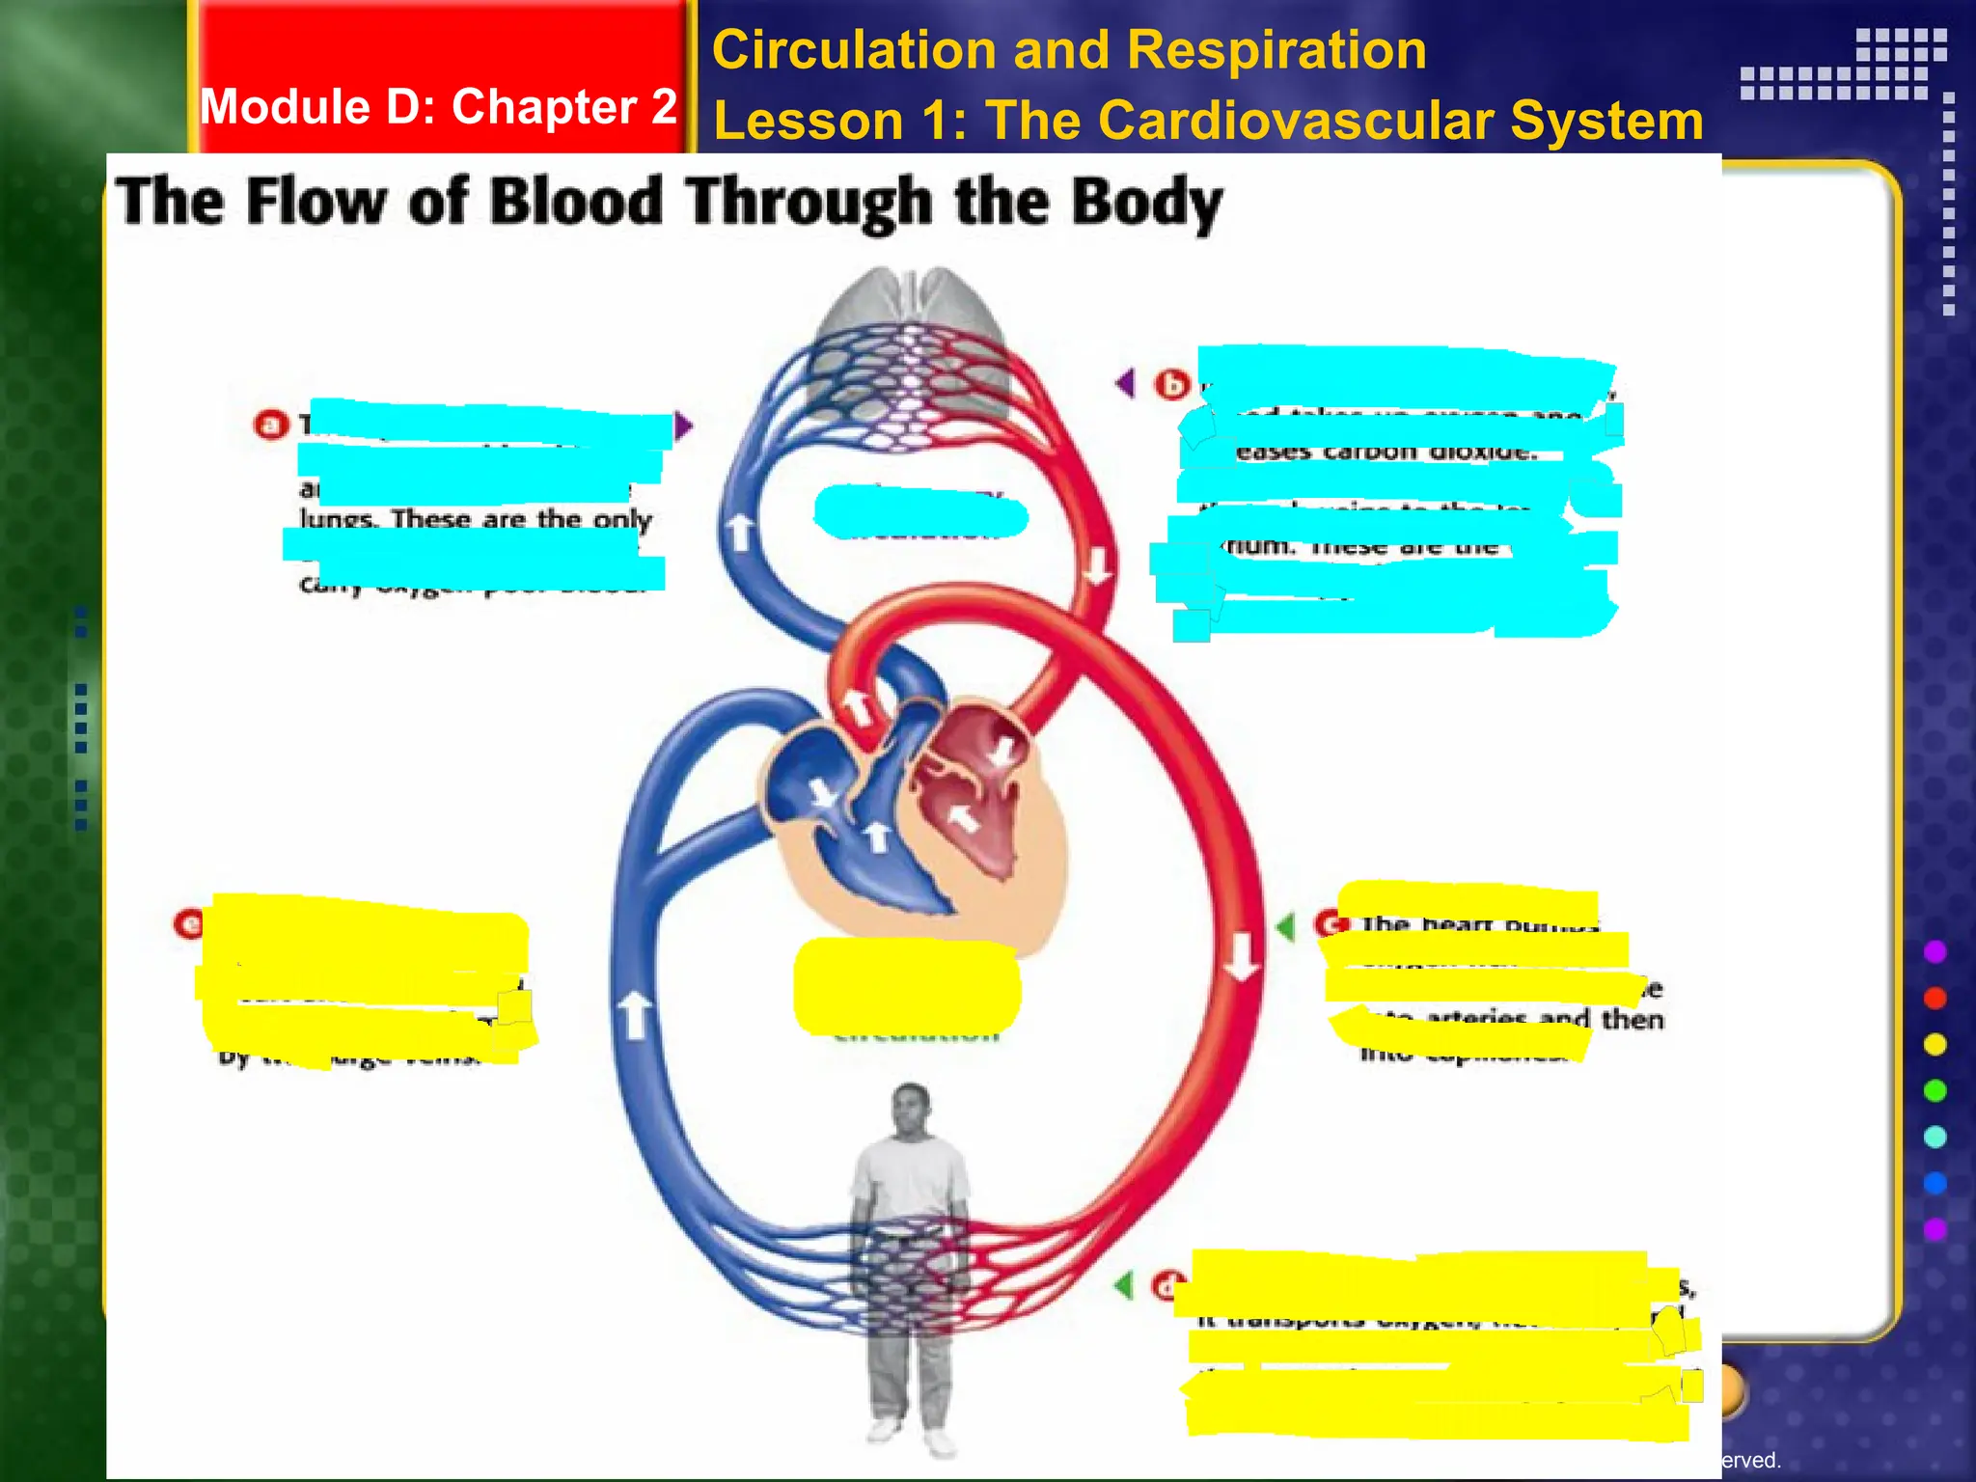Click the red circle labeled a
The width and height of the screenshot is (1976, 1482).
tap(271, 425)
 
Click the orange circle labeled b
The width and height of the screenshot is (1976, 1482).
tap(1172, 385)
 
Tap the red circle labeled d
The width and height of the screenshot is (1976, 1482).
tap(1166, 1286)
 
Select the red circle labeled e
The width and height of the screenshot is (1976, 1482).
tap(189, 924)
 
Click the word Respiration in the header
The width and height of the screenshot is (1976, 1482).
tap(1276, 50)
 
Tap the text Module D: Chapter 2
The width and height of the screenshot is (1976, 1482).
tap(438, 106)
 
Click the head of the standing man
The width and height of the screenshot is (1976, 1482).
tap(911, 1110)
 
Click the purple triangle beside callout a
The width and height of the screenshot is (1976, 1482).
tap(683, 425)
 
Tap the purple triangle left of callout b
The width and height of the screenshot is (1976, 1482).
tap(1125, 383)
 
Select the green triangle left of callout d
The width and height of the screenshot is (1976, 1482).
tap(1123, 1285)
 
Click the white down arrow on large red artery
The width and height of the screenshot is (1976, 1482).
tap(1242, 955)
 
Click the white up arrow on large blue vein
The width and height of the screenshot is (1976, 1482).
tap(634, 1016)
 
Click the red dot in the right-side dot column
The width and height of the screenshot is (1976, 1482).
tap(1935, 998)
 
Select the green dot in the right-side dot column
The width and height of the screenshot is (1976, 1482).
tap(1935, 1090)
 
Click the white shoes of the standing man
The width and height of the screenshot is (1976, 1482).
tap(911, 1434)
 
